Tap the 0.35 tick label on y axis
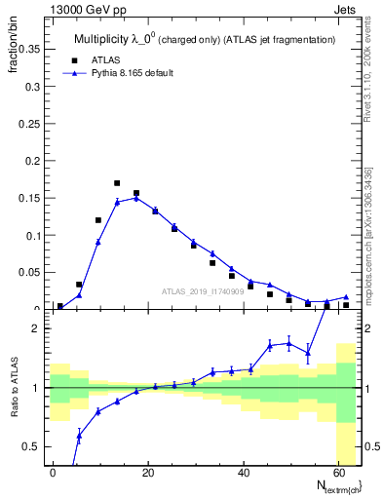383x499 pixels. [x=30, y=49]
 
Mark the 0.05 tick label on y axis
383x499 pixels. [x=30, y=273]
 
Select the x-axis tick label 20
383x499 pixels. [x=147, y=473]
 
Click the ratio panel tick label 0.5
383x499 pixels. [x=30, y=446]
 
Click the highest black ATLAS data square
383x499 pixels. [x=117, y=183]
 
